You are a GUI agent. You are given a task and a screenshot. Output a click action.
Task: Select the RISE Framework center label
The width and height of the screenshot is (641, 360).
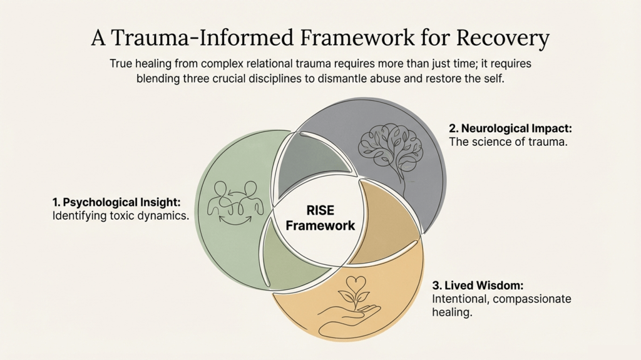pyautogui.click(x=320, y=217)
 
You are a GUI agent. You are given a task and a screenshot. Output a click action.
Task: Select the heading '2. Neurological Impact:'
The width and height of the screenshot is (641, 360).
pyautogui.click(x=510, y=128)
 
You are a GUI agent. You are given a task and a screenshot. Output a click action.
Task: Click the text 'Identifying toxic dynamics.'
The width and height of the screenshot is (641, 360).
pyautogui.click(x=121, y=216)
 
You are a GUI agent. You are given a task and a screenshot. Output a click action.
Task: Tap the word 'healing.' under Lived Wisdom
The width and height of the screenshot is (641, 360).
pyautogui.click(x=451, y=312)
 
